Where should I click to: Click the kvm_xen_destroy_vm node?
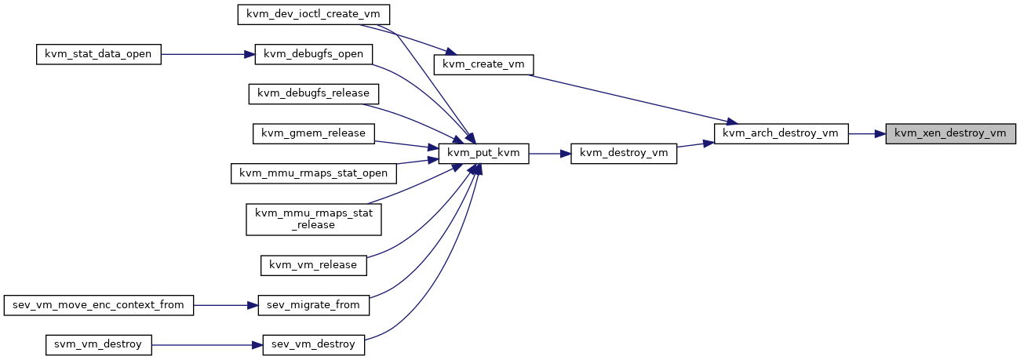point(950,134)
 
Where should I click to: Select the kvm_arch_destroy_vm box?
point(781,134)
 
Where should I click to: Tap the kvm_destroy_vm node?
point(624,154)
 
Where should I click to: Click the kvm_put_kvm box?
point(483,154)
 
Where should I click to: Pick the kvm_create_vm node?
point(483,64)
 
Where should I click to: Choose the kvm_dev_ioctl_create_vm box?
point(313,15)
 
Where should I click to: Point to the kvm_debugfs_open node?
point(313,54)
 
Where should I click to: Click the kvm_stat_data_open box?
point(98,54)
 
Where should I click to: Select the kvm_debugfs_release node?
point(313,94)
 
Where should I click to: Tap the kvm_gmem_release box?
point(313,134)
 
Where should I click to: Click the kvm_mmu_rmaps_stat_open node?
point(313,173)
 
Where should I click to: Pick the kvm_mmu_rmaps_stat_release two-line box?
point(313,220)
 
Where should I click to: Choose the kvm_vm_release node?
point(313,265)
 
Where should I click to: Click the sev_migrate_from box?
point(313,305)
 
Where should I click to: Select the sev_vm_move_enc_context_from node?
point(98,305)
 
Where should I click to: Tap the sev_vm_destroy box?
point(313,345)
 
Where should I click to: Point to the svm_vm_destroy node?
point(98,345)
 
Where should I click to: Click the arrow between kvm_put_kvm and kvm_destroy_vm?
point(549,154)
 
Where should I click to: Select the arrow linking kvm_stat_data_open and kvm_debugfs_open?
point(208,54)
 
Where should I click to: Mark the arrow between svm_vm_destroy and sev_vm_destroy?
point(207,345)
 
